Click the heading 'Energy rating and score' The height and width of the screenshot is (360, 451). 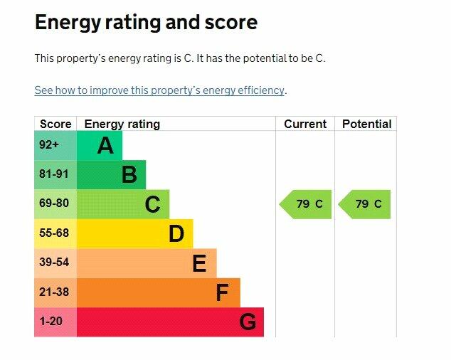point(146,23)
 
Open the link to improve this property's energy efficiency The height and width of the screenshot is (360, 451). point(159,90)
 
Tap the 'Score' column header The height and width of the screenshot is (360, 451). point(55,124)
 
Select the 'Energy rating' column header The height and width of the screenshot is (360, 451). point(122,124)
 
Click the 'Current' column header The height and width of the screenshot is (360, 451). point(305,124)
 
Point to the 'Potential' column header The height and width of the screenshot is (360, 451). point(366,124)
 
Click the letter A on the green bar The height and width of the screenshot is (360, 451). point(105,146)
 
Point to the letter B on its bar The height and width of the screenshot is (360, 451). point(129,175)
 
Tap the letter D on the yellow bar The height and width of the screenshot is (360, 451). point(176,234)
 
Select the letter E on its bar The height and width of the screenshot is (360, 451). point(199,264)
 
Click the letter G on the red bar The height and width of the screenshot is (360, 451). point(247,322)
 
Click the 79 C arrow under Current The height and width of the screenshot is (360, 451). point(307,204)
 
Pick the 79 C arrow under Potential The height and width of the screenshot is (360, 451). point(366,204)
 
